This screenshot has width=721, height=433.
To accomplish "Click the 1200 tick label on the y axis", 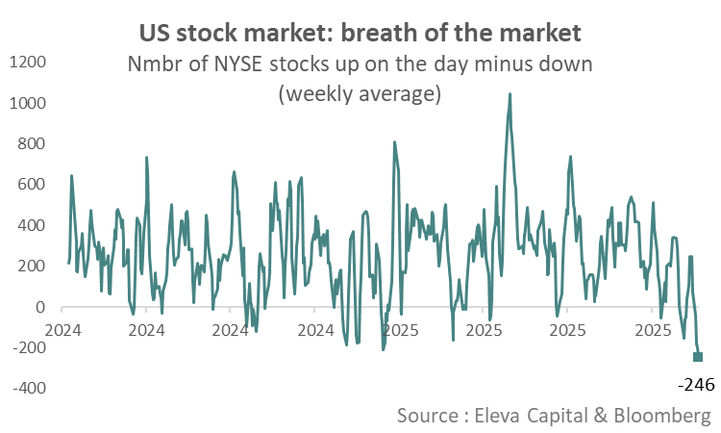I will click(x=29, y=63).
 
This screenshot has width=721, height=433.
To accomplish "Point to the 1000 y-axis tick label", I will click(x=29, y=103).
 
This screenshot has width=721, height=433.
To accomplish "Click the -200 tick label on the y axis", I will click(x=31, y=348).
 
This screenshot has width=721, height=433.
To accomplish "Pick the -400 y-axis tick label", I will click(x=31, y=389).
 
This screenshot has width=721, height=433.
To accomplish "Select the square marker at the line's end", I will click(x=698, y=357).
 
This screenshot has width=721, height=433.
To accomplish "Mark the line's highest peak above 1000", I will click(x=510, y=94).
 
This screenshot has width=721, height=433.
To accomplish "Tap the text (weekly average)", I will click(x=360, y=94).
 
